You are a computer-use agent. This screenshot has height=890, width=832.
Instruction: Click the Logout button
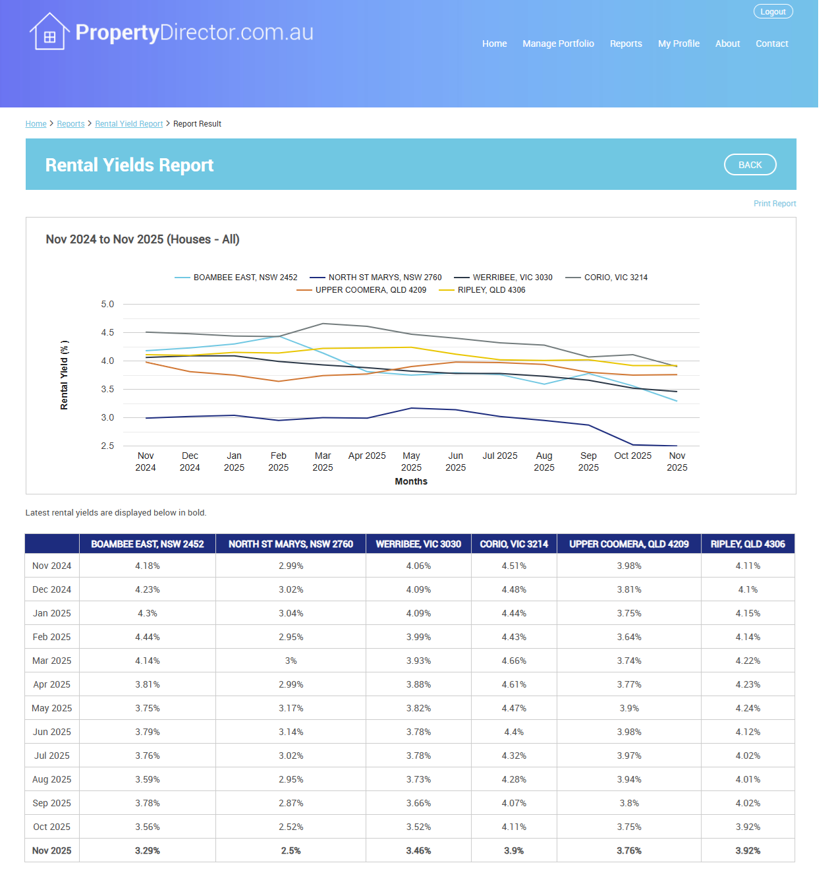[773, 12]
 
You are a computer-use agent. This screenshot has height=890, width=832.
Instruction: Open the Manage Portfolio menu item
[558, 44]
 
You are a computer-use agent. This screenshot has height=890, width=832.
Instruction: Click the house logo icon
[49, 32]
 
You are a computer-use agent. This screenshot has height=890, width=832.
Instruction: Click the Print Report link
[774, 204]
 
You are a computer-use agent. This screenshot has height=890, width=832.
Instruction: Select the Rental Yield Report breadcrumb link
[128, 124]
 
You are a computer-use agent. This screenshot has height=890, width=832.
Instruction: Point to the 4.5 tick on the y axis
[107, 333]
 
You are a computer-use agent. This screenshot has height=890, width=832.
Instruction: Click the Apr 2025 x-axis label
[367, 456]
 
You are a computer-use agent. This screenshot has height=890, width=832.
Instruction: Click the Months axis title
[411, 482]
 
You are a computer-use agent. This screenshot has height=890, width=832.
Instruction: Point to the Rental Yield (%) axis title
[64, 375]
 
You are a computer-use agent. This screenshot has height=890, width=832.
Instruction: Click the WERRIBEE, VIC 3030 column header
[418, 544]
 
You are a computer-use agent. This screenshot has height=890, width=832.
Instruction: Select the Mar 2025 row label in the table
[51, 661]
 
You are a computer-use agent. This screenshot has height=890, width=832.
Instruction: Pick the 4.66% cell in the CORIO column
[514, 661]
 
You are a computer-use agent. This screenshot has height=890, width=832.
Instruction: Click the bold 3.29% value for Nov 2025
[148, 850]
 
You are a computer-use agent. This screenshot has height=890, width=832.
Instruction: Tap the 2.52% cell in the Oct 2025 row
[291, 827]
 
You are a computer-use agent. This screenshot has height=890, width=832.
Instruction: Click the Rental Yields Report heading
[129, 165]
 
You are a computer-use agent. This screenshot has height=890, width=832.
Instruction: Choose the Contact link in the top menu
[771, 44]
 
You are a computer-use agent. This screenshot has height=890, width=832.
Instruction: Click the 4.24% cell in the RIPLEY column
[748, 708]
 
